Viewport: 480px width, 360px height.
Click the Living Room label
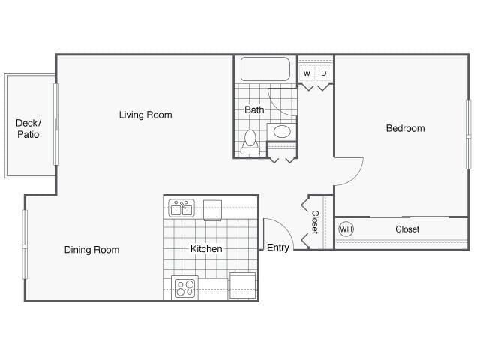[x=145, y=115]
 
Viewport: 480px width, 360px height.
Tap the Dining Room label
[x=91, y=250]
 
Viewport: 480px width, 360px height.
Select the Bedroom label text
[x=405, y=128]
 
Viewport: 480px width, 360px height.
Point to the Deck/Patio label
[x=28, y=128]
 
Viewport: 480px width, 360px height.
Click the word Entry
[x=278, y=248]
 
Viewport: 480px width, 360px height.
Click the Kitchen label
[x=206, y=249]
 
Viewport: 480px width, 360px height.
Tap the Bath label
[x=254, y=109]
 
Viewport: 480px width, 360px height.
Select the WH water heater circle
[x=346, y=229]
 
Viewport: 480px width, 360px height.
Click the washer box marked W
[x=307, y=73]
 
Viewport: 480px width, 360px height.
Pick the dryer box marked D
[x=324, y=73]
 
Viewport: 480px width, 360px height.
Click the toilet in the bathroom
[x=250, y=142]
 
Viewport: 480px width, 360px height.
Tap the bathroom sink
[x=282, y=132]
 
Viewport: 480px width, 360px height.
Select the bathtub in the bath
[x=265, y=69]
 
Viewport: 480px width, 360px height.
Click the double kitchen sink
[x=181, y=208]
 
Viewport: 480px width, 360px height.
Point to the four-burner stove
[x=184, y=287]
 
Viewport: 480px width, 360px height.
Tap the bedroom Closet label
[x=407, y=229]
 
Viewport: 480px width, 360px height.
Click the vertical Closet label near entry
[x=315, y=222]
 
